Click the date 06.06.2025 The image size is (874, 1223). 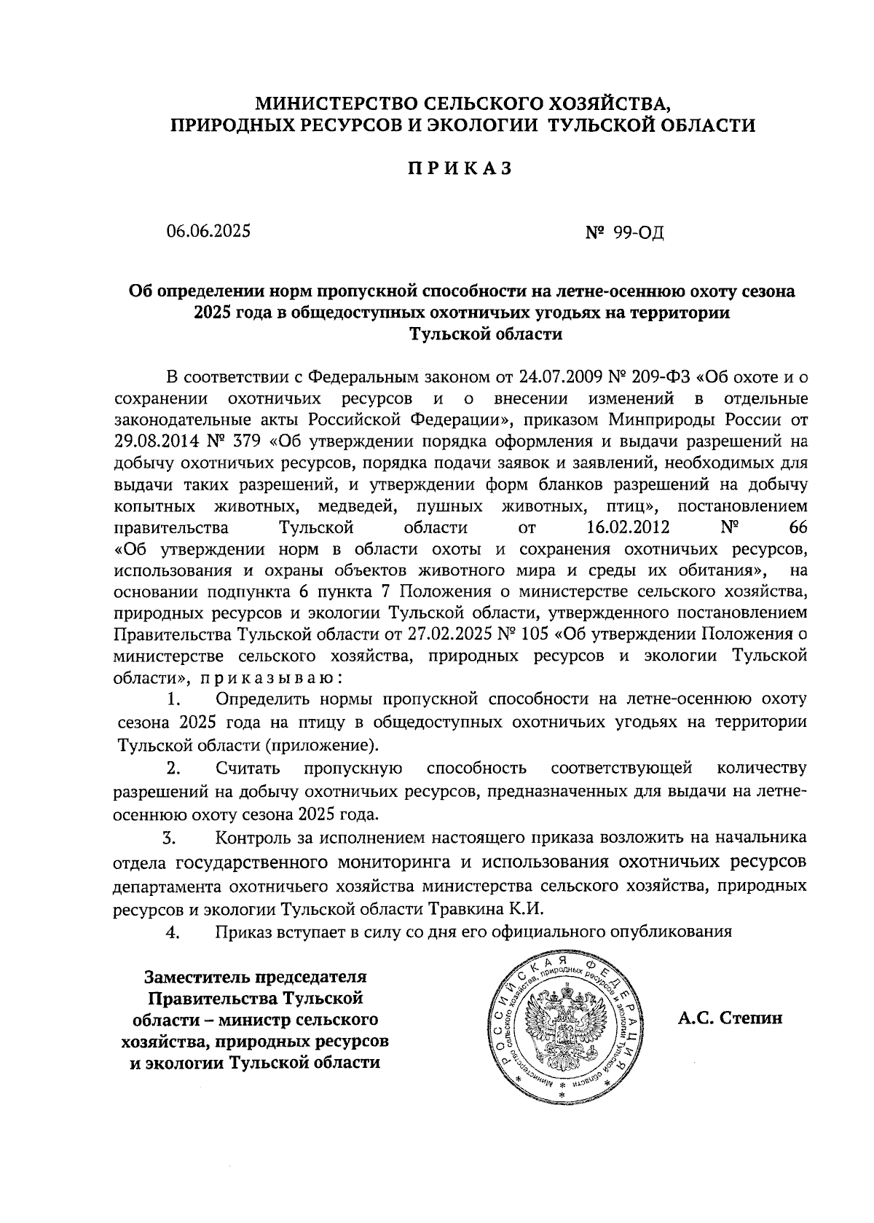pyautogui.click(x=208, y=232)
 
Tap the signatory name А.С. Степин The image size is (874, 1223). pyautogui.click(x=731, y=1018)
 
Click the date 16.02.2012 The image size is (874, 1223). pyautogui.click(x=628, y=527)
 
